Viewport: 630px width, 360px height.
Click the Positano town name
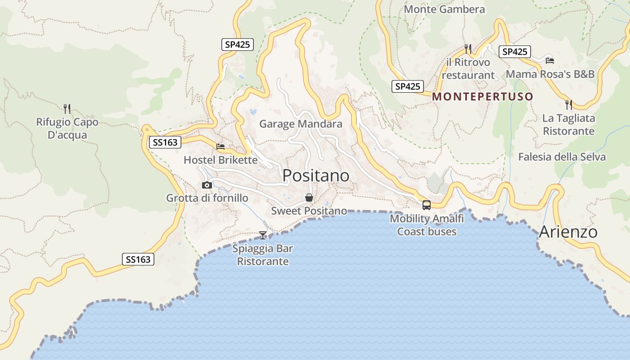316,176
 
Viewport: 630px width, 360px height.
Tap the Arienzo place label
568,232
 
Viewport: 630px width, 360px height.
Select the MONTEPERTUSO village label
483,96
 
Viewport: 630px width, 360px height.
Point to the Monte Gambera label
444,9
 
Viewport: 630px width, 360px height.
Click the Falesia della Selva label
562,157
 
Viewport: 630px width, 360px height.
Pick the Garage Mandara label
301,124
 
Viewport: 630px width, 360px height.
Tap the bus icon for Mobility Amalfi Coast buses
426,205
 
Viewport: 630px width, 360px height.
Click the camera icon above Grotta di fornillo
207,185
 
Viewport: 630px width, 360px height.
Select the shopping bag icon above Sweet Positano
309,198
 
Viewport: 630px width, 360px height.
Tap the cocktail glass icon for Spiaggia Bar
263,235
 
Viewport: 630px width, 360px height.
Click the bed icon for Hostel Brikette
220,147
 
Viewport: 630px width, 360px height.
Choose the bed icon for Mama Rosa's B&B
549,60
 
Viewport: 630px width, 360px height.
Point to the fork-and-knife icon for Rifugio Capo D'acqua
67,108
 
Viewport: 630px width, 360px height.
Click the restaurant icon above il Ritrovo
468,49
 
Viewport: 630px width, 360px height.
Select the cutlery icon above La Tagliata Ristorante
569,105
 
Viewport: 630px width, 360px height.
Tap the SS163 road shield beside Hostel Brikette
165,143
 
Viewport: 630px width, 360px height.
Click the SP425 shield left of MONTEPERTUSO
408,86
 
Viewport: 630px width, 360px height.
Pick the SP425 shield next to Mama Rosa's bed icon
514,52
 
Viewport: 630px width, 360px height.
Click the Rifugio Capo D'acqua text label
67,128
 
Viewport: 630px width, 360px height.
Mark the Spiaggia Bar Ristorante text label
263,255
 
